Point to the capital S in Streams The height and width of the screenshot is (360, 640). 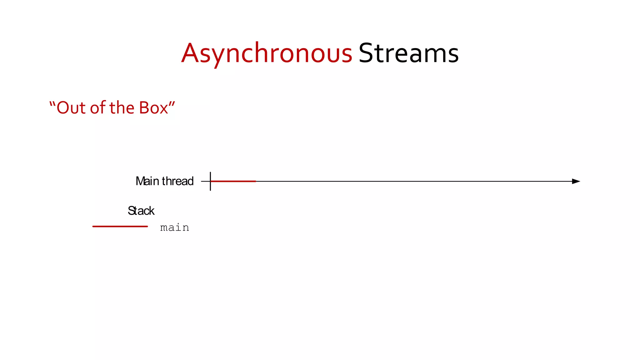coord(367,53)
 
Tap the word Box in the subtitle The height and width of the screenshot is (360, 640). coord(153,108)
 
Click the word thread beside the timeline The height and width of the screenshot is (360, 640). coord(177,181)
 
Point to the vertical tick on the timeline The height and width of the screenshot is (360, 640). coord(210,186)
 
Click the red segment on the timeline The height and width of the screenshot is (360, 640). coord(234,181)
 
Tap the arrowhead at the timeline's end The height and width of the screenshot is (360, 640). coord(576,181)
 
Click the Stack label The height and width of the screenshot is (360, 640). coord(141,211)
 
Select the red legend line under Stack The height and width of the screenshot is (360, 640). coord(120,226)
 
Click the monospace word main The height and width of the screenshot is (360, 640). coord(174,227)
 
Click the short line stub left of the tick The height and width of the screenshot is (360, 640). coord(205,181)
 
